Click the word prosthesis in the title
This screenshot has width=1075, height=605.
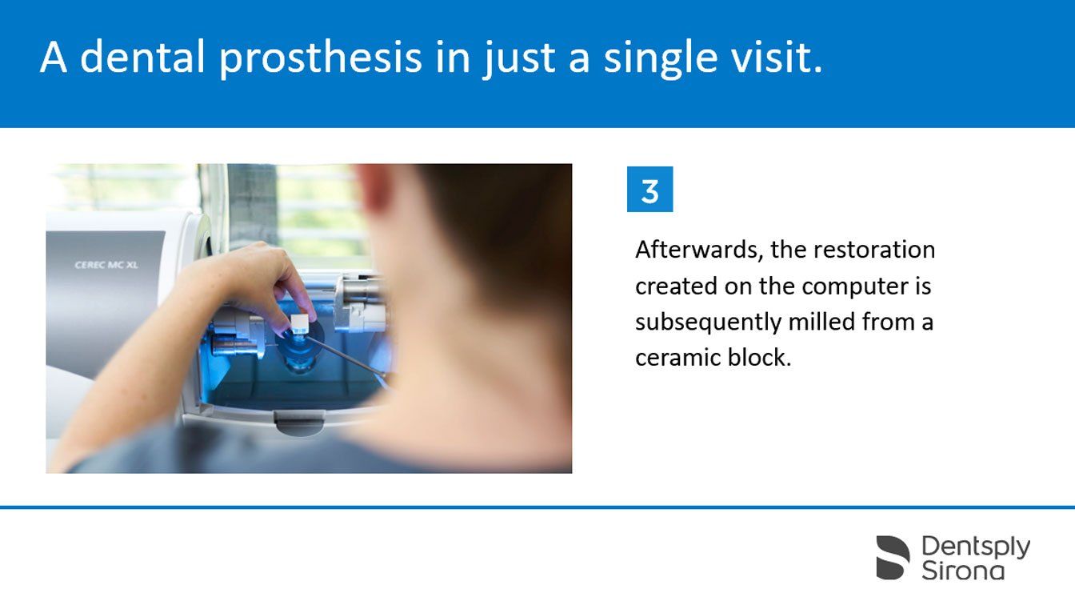tap(321, 58)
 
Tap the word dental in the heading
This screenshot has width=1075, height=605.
tap(143, 57)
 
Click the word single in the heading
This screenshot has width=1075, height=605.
tap(661, 58)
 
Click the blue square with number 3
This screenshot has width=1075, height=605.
tap(649, 189)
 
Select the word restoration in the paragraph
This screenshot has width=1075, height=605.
tap(874, 250)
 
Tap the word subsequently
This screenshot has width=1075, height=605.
tap(709, 323)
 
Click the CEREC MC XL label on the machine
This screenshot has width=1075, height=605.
tap(106, 265)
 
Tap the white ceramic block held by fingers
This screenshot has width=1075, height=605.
tap(299, 323)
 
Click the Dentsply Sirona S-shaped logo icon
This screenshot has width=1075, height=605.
tap(893, 558)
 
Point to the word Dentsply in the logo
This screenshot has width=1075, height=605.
tap(976, 547)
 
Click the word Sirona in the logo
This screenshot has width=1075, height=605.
tap(963, 571)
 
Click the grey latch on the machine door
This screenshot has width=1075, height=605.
tap(298, 423)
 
